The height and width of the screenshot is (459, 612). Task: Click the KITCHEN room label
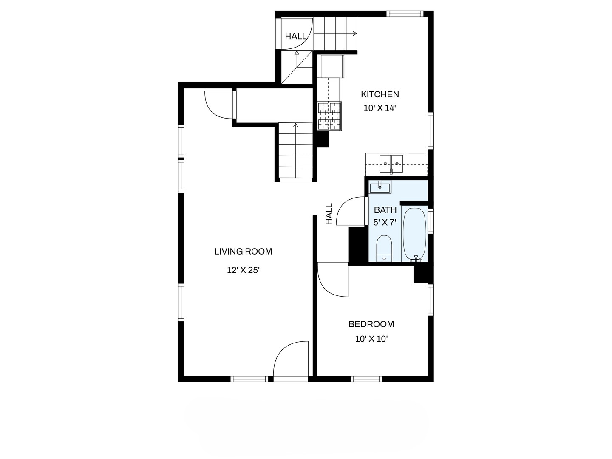[380, 94]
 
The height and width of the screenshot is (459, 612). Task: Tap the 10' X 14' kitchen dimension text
[380, 108]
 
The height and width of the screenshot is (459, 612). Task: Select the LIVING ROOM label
[243, 252]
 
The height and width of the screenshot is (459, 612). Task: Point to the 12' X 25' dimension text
[243, 270]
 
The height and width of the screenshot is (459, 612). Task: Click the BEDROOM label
[371, 324]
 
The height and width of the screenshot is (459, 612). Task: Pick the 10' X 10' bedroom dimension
[371, 339]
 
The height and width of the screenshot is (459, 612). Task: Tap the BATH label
[385, 210]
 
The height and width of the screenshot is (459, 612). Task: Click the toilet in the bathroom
[384, 248]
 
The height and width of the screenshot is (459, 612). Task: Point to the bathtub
[414, 234]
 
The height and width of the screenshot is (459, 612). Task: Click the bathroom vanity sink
[380, 187]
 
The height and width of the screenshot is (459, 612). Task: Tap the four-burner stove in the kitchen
[329, 116]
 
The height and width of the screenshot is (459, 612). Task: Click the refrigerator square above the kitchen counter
[332, 66]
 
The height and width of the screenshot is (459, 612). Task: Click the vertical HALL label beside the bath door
[329, 214]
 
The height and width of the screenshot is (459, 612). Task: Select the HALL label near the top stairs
[295, 37]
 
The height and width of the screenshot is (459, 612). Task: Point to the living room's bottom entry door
[291, 359]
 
